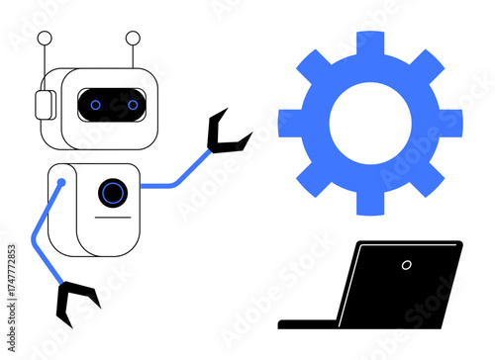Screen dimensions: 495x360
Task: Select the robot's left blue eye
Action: pos(95,102)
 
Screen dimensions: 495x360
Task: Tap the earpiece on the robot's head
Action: pos(43,105)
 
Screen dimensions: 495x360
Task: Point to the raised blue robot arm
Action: pos(179,176)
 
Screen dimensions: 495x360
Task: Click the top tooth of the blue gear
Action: pos(370,44)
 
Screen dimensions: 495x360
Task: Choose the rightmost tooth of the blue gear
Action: pos(451,123)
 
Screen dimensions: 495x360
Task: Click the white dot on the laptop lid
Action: pos(406,265)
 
